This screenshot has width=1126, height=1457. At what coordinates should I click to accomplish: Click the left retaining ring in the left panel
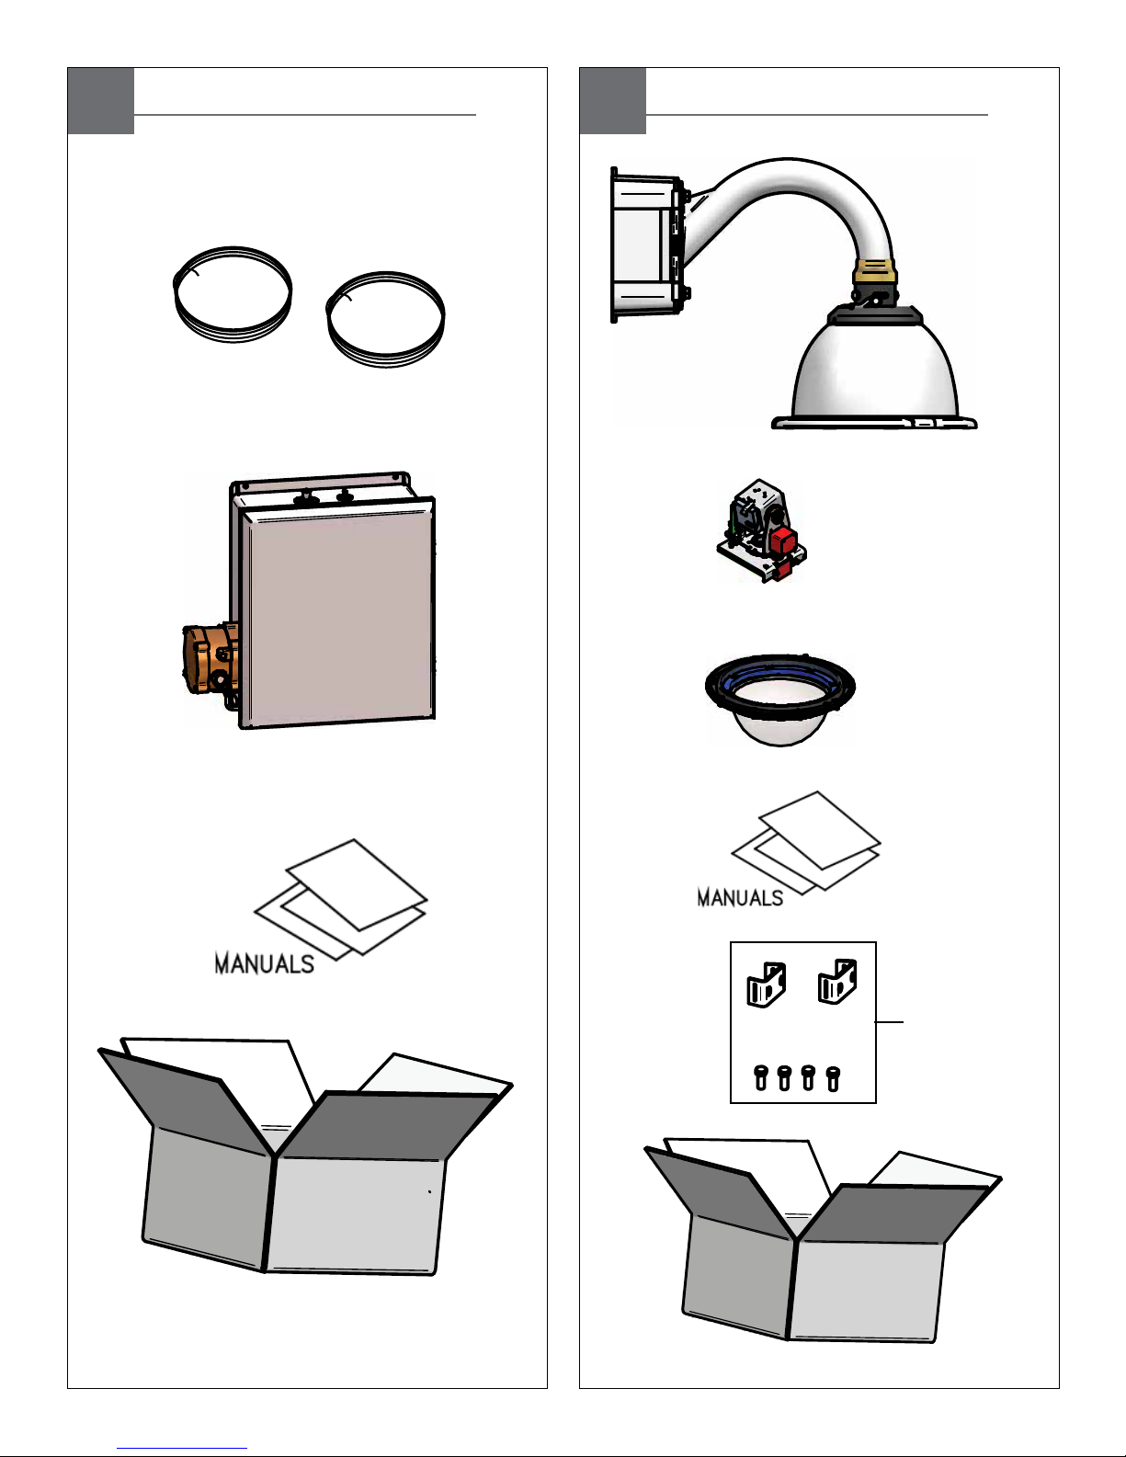tap(175, 295)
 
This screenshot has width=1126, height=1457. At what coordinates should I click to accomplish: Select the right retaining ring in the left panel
tap(328, 321)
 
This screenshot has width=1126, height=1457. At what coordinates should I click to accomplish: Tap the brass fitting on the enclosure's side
tap(210, 659)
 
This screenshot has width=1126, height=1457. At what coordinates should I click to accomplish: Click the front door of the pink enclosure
tap(337, 612)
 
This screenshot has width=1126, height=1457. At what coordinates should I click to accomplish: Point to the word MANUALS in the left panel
tap(264, 963)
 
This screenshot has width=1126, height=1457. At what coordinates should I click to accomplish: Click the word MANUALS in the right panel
tap(740, 898)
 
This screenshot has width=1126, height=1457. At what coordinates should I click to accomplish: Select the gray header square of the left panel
tap(100, 100)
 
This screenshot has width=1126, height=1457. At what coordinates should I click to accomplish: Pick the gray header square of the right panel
tap(612, 100)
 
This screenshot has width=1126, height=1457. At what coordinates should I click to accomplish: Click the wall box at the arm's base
tap(646, 245)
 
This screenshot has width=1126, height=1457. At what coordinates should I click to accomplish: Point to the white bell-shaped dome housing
tap(874, 372)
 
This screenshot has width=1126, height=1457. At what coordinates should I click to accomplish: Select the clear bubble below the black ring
tap(779, 725)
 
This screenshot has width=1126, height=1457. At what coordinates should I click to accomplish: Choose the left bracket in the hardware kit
tap(766, 985)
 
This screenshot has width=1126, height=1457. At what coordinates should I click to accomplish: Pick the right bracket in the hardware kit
tap(837, 982)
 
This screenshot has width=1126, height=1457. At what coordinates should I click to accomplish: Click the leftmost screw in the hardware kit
tap(761, 1078)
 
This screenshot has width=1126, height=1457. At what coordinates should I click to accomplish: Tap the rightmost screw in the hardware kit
tap(833, 1079)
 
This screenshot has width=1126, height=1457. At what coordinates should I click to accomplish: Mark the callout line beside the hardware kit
tap(890, 1022)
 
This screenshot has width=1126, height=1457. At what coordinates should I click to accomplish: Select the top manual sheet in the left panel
tap(357, 883)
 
